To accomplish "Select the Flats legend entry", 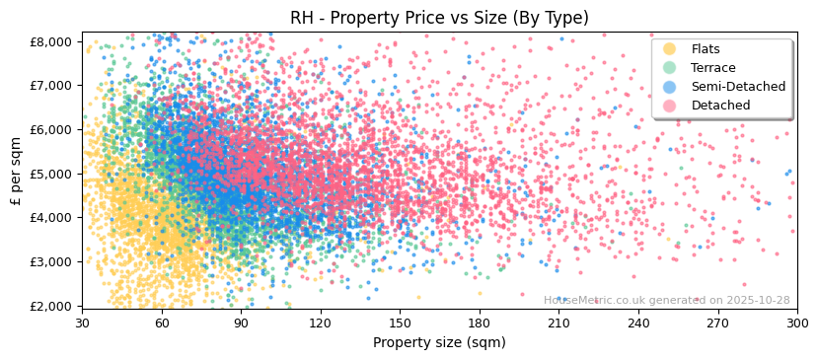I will tap(706, 49).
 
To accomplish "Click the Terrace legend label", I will tap(713, 68).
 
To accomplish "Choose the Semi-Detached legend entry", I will tap(738, 87).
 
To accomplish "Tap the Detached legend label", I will tap(720, 106).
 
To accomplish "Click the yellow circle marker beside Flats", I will tap(670, 49).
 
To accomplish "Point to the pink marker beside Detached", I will tap(670, 106).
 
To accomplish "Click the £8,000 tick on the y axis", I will tap(50, 41).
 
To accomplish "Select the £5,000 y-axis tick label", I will tap(50, 174).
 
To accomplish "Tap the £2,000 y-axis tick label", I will tap(50, 306).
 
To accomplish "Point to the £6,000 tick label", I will tap(50, 129).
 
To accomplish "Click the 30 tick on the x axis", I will tap(82, 323).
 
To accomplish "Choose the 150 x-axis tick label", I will tap(400, 323).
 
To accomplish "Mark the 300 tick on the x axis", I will tap(796, 323).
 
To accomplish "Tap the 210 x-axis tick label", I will tap(558, 323).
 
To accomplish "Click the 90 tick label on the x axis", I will tap(241, 323).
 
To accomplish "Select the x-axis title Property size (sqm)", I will tap(439, 342).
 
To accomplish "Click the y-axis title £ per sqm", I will tap(17, 174).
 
